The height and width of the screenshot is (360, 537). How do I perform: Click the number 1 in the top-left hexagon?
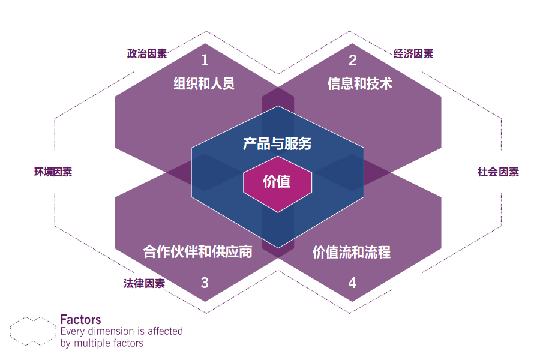[205, 60]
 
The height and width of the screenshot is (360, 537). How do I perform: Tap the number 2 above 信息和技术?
[353, 60]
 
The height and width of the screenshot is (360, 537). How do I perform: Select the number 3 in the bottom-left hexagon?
[205, 282]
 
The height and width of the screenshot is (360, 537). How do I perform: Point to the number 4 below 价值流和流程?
[352, 282]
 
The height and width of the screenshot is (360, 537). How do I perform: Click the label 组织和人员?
[204, 83]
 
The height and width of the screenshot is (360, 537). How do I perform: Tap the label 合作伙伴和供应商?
[198, 251]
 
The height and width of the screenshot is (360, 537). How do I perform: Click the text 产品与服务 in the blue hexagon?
[277, 143]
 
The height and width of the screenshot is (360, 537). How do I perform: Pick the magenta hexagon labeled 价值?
[277, 181]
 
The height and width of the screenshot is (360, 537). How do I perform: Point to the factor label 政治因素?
[147, 53]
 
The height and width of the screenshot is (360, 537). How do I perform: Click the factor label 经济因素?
[413, 53]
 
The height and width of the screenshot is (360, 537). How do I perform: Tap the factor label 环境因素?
[53, 172]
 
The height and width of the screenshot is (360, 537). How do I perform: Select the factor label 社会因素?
[498, 172]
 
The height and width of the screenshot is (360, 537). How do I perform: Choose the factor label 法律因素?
[145, 283]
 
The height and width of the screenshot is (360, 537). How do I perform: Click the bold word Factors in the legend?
[80, 320]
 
